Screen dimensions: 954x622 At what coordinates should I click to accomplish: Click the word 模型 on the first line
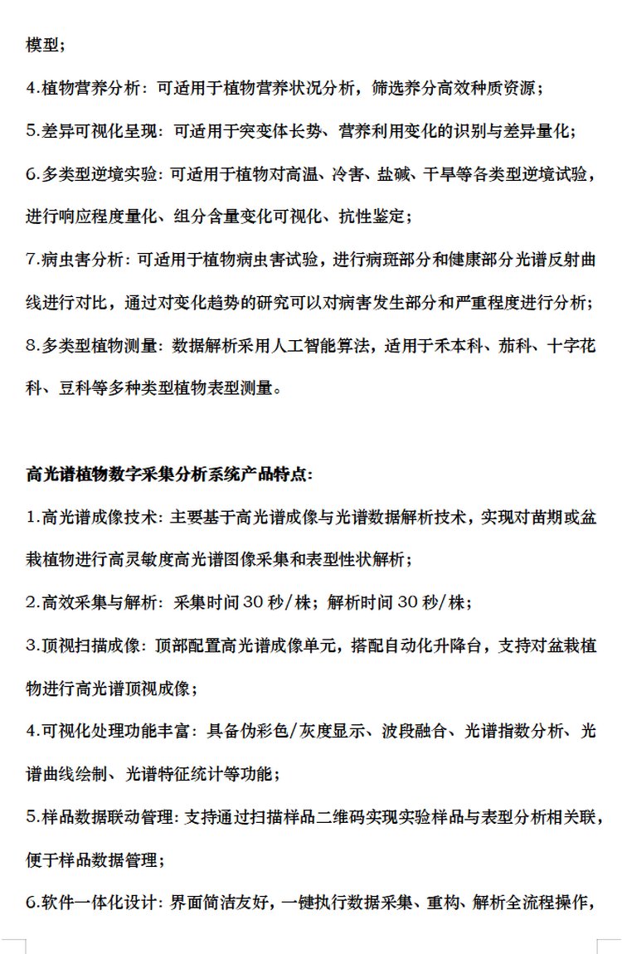(40, 45)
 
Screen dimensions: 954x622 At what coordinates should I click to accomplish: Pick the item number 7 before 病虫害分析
(30, 260)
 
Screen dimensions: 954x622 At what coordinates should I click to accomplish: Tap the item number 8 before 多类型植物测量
(30, 347)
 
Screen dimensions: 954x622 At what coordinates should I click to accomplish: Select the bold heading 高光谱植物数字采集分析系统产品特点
(170, 475)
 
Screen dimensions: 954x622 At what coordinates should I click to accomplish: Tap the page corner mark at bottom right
(602, 945)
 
